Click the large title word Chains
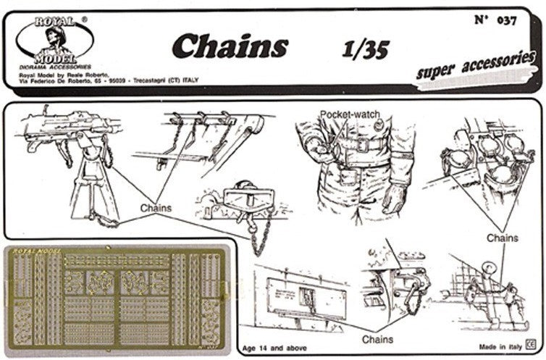pos(230,46)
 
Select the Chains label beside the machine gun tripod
pos(156,208)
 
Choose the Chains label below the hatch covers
pos(502,238)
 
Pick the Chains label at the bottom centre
pos(378,339)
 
